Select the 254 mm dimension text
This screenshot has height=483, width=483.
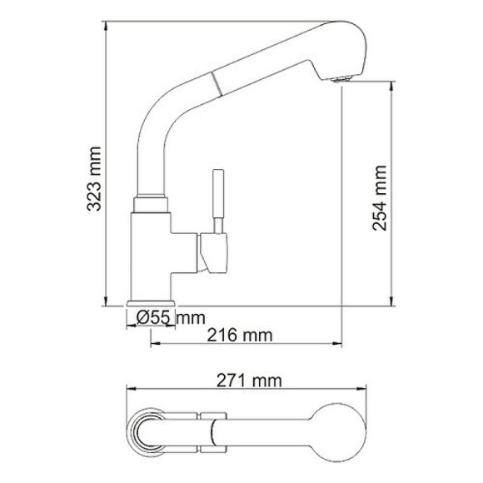click(380, 195)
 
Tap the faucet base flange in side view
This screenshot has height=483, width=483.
click(151, 304)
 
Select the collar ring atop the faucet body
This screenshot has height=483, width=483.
click(151, 202)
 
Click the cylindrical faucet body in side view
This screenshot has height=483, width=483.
click(151, 250)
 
